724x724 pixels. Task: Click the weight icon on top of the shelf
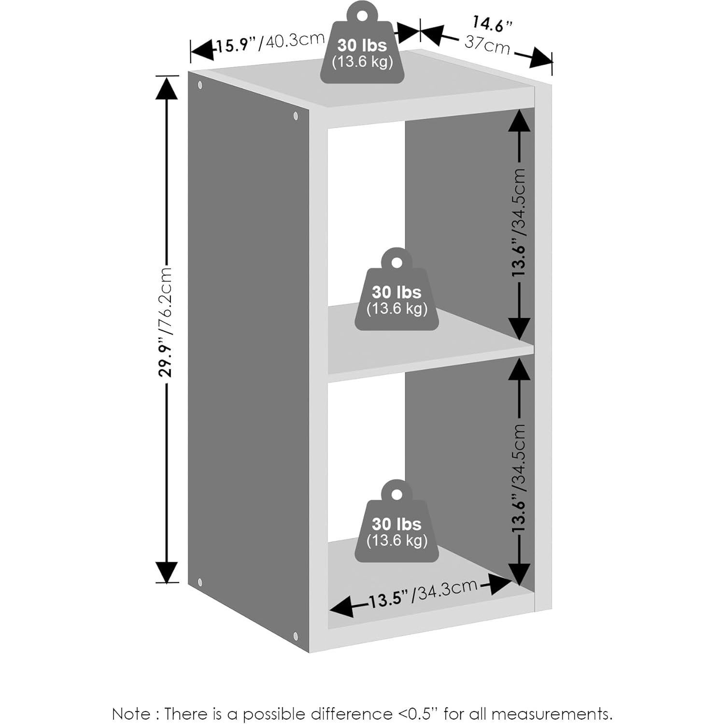coord(362,42)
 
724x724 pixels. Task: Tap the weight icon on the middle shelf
coord(397,289)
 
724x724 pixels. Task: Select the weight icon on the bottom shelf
coord(397,521)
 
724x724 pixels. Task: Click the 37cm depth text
coord(487,44)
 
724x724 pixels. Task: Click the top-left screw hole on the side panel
coord(200,85)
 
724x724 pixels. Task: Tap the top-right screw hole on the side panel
coord(296,116)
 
